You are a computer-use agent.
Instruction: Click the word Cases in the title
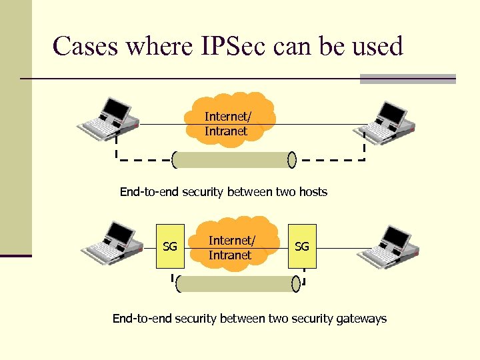click(x=85, y=47)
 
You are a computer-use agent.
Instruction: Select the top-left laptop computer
click(x=109, y=121)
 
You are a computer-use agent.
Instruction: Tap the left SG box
click(x=170, y=247)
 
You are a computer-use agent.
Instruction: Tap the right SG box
click(x=302, y=247)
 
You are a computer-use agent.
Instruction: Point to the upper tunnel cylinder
click(x=233, y=160)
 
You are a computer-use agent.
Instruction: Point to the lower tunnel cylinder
click(x=237, y=284)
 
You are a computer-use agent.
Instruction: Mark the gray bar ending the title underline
click(x=407, y=79)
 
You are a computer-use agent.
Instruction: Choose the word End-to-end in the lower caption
click(x=142, y=319)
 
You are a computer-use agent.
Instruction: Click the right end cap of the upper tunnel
click(x=291, y=160)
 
